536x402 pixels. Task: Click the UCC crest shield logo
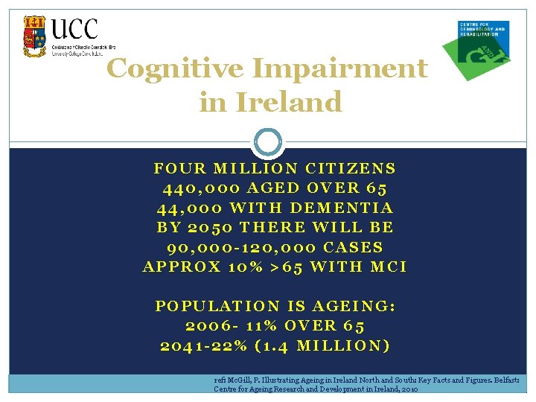pyautogui.click(x=34, y=36)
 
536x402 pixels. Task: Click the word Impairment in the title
pyautogui.click(x=341, y=68)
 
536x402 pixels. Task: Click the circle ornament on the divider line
pyautogui.click(x=269, y=141)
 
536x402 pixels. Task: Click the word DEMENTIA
pyautogui.click(x=341, y=208)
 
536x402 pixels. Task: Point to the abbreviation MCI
pyautogui.click(x=388, y=266)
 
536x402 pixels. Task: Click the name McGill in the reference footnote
pyautogui.click(x=237, y=379)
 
